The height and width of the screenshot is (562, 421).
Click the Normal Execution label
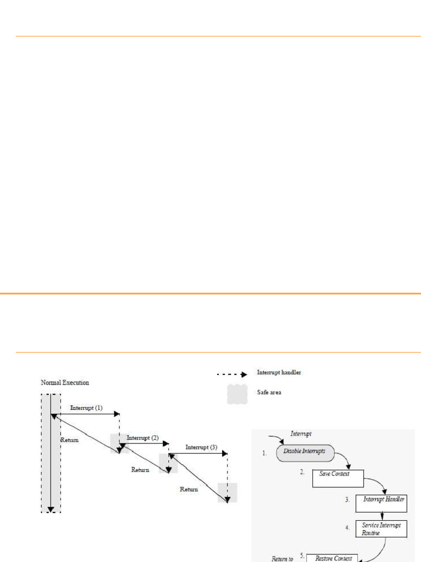click(x=65, y=383)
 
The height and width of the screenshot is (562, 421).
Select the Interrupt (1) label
click(x=86, y=409)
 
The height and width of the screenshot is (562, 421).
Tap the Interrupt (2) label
click(x=143, y=438)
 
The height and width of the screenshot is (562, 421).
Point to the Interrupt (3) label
click(x=201, y=447)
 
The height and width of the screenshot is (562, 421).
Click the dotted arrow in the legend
click(x=232, y=374)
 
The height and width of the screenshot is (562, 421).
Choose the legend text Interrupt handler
click(x=279, y=373)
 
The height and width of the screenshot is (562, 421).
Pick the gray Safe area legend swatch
click(x=237, y=394)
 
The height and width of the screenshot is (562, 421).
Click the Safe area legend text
click(x=269, y=392)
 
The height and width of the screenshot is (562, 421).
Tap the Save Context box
click(x=338, y=477)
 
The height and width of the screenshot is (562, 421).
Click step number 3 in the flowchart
click(x=348, y=500)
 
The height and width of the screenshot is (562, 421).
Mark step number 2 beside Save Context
click(x=302, y=472)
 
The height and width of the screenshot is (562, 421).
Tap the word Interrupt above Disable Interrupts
click(x=301, y=434)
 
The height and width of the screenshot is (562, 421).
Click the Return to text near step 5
click(x=282, y=559)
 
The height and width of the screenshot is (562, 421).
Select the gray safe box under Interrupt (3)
click(x=227, y=492)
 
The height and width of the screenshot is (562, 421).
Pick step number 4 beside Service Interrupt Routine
click(x=348, y=527)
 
